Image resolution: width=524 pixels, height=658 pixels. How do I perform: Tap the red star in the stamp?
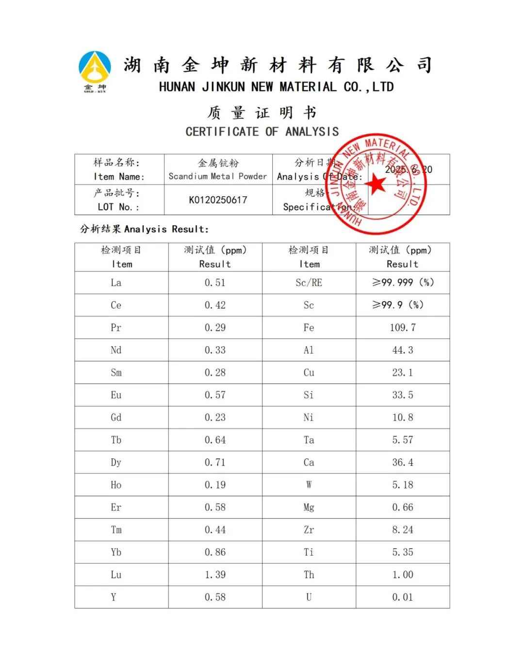click(x=376, y=185)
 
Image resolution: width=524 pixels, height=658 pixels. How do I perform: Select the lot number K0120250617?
click(x=218, y=200)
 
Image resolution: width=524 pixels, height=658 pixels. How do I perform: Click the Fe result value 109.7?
click(x=403, y=328)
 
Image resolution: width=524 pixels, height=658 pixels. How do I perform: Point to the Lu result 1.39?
click(x=215, y=575)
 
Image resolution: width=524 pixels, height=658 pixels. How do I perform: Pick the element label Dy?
click(x=115, y=462)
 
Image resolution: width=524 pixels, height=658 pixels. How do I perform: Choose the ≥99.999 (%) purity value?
click(x=403, y=283)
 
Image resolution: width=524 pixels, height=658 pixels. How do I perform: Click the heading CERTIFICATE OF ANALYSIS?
click(x=262, y=132)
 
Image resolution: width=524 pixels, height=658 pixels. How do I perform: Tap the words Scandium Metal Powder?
click(x=218, y=176)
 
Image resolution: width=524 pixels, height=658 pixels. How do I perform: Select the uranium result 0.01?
click(x=403, y=597)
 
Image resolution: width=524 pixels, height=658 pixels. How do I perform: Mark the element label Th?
click(x=309, y=575)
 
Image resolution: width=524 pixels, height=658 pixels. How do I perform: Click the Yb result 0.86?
click(x=215, y=552)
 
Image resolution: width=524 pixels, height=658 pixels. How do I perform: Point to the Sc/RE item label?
click(x=309, y=283)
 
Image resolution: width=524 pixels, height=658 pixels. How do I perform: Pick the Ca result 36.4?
click(x=403, y=462)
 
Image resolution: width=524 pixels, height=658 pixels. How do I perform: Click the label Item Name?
click(x=119, y=177)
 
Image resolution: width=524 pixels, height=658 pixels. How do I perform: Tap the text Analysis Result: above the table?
click(x=166, y=229)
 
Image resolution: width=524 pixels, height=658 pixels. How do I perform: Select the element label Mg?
click(x=309, y=507)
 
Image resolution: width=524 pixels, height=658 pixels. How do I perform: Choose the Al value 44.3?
click(x=403, y=350)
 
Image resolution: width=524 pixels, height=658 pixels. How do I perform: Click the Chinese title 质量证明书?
click(x=262, y=113)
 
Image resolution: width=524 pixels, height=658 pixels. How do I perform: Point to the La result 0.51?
click(x=215, y=283)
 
